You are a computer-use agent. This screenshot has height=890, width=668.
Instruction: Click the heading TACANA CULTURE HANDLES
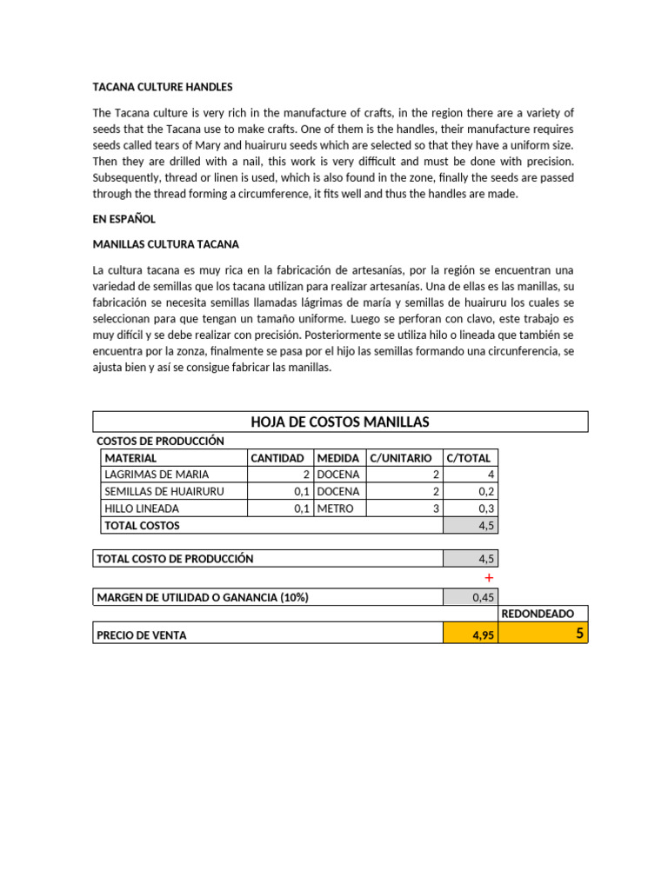[163, 88]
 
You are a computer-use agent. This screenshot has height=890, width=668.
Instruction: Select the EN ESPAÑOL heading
[124, 220]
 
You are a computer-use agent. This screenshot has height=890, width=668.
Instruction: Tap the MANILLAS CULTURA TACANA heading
[166, 245]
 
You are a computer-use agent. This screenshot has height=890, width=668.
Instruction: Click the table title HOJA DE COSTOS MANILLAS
[340, 422]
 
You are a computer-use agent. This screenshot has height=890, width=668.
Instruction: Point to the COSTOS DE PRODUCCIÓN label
[160, 442]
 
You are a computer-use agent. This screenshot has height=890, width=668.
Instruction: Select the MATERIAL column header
[130, 458]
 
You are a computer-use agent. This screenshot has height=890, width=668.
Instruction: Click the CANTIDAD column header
[277, 458]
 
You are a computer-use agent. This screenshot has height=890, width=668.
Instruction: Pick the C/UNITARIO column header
[401, 458]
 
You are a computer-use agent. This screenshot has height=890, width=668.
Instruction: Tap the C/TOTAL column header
[468, 458]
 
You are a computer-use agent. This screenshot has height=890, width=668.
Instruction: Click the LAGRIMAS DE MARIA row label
[157, 475]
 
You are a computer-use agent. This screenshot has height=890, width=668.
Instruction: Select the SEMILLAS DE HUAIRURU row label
[164, 492]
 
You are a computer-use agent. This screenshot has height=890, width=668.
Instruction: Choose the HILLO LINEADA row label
[142, 508]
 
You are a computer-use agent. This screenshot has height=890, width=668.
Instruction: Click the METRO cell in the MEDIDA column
[336, 508]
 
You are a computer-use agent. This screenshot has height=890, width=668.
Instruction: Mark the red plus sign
[489, 578]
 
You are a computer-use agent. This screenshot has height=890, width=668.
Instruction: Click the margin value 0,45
[482, 598]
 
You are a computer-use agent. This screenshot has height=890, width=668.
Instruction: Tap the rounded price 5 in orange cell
[578, 634]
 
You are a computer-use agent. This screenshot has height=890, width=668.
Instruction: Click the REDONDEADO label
[538, 614]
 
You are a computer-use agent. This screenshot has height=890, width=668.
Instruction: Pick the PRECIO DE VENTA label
[141, 635]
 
